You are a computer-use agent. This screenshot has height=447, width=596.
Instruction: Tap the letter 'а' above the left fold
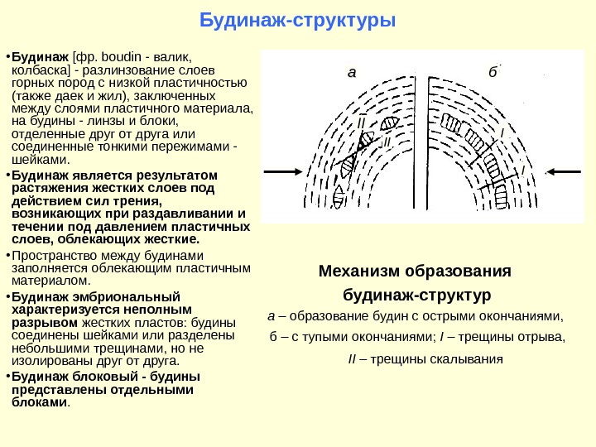pos(351,72)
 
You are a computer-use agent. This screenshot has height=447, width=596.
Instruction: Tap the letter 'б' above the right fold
pos(493,72)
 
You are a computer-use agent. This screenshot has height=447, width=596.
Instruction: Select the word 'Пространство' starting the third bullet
pos(51,255)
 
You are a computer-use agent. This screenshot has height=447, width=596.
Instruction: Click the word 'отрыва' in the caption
pos(541,337)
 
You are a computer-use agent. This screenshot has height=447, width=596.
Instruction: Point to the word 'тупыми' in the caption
pos(327,337)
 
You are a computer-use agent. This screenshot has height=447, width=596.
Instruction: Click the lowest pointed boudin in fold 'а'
pos(339,193)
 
